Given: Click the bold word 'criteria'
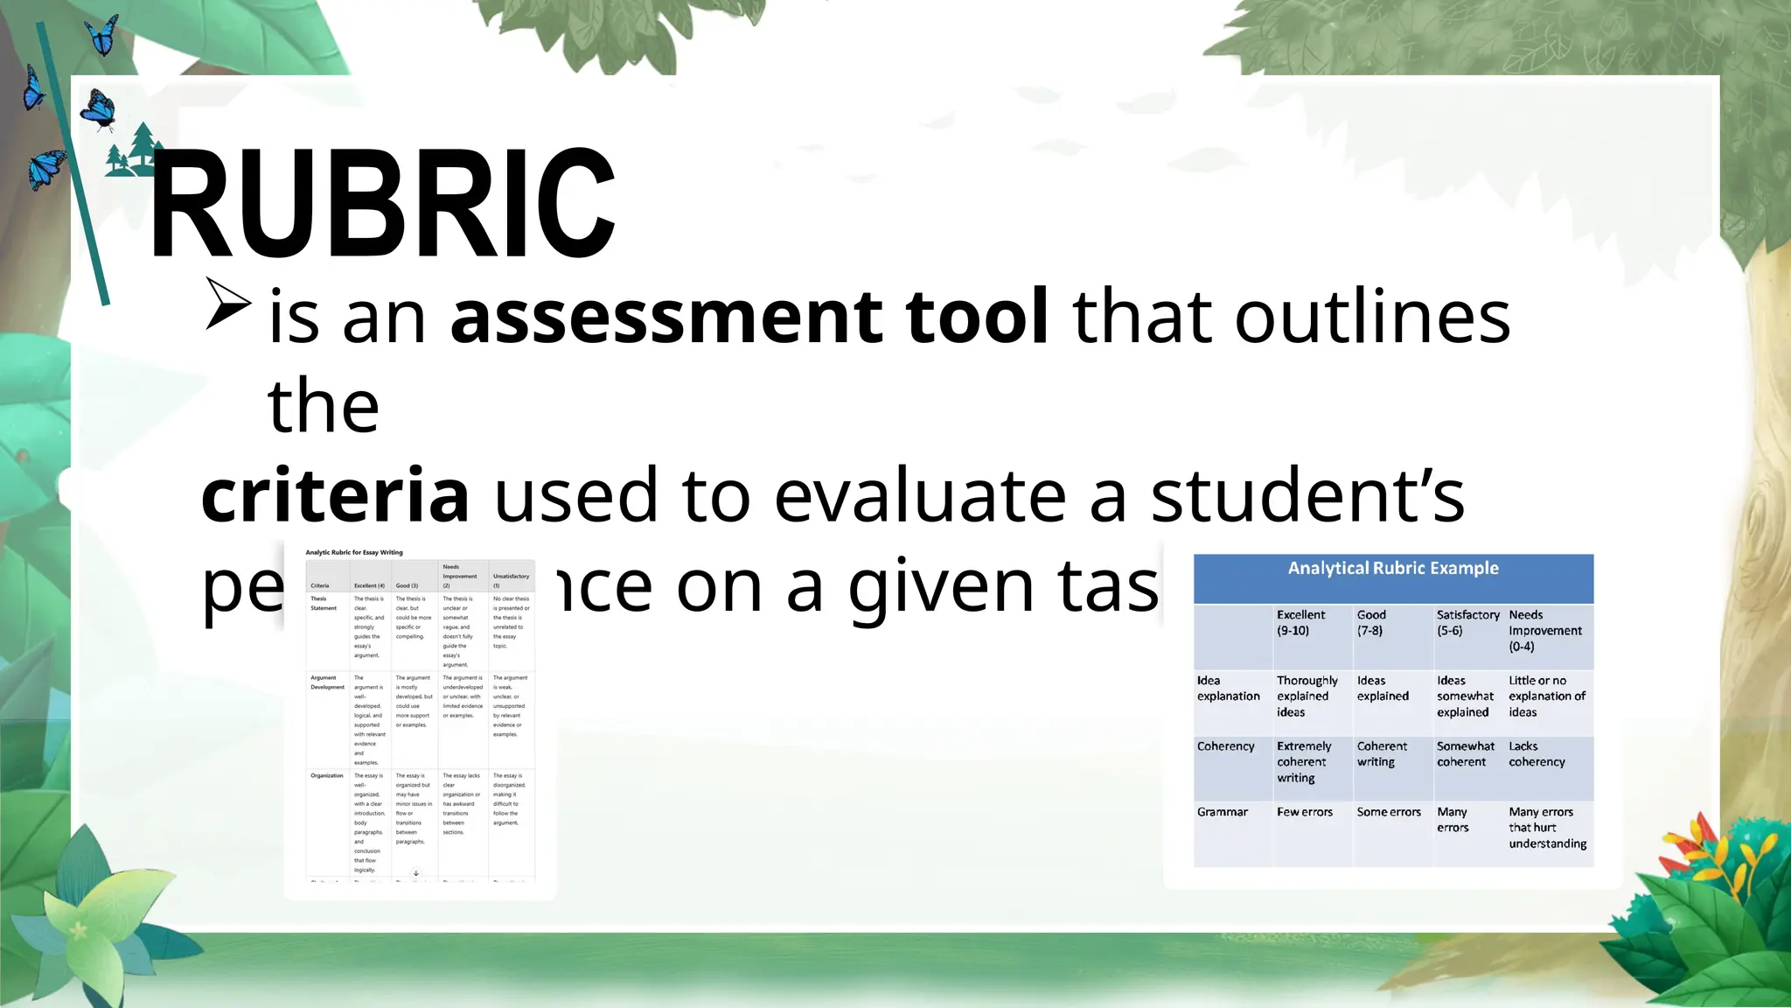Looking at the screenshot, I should tap(335, 495).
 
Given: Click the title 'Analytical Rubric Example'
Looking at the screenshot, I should tap(1393, 569).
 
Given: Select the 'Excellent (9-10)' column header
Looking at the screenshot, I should tap(1300, 622).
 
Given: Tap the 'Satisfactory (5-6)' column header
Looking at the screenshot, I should tap(1467, 622).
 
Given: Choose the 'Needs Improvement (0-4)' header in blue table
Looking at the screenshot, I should tap(1544, 630).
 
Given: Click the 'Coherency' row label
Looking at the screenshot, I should tap(1225, 746).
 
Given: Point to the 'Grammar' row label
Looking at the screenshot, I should tap(1222, 812).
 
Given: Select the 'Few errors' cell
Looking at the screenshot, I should tap(1304, 812).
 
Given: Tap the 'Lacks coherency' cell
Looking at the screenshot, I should tap(1537, 754).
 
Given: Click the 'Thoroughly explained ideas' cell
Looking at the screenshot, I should tap(1307, 696).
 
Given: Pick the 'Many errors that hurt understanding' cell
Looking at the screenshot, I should tap(1547, 828).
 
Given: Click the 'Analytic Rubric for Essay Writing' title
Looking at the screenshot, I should tap(354, 552).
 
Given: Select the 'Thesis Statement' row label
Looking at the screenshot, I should tap(323, 604).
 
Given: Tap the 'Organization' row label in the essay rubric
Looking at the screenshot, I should tap(326, 775).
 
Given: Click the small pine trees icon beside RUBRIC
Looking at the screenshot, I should tap(133, 150).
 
